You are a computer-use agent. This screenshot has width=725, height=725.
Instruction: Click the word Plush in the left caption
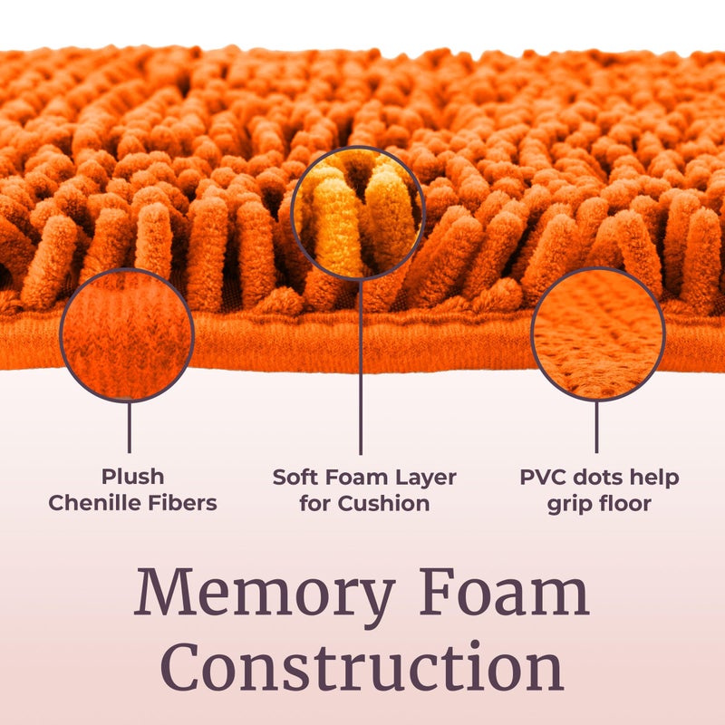tap(132, 477)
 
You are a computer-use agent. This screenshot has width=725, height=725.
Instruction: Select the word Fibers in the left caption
tap(187, 503)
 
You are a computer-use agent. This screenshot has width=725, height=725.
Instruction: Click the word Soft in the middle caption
tap(296, 478)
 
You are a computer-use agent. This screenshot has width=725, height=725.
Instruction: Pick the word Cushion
tap(383, 504)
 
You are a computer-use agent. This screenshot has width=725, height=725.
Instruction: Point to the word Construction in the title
tap(362, 666)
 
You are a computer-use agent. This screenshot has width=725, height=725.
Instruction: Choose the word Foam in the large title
tap(505, 592)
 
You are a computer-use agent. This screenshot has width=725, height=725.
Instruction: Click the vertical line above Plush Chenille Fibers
tap(129, 428)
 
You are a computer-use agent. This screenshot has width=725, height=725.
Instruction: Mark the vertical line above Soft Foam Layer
tap(360, 368)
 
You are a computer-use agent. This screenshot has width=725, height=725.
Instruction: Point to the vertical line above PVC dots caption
tap(596, 427)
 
